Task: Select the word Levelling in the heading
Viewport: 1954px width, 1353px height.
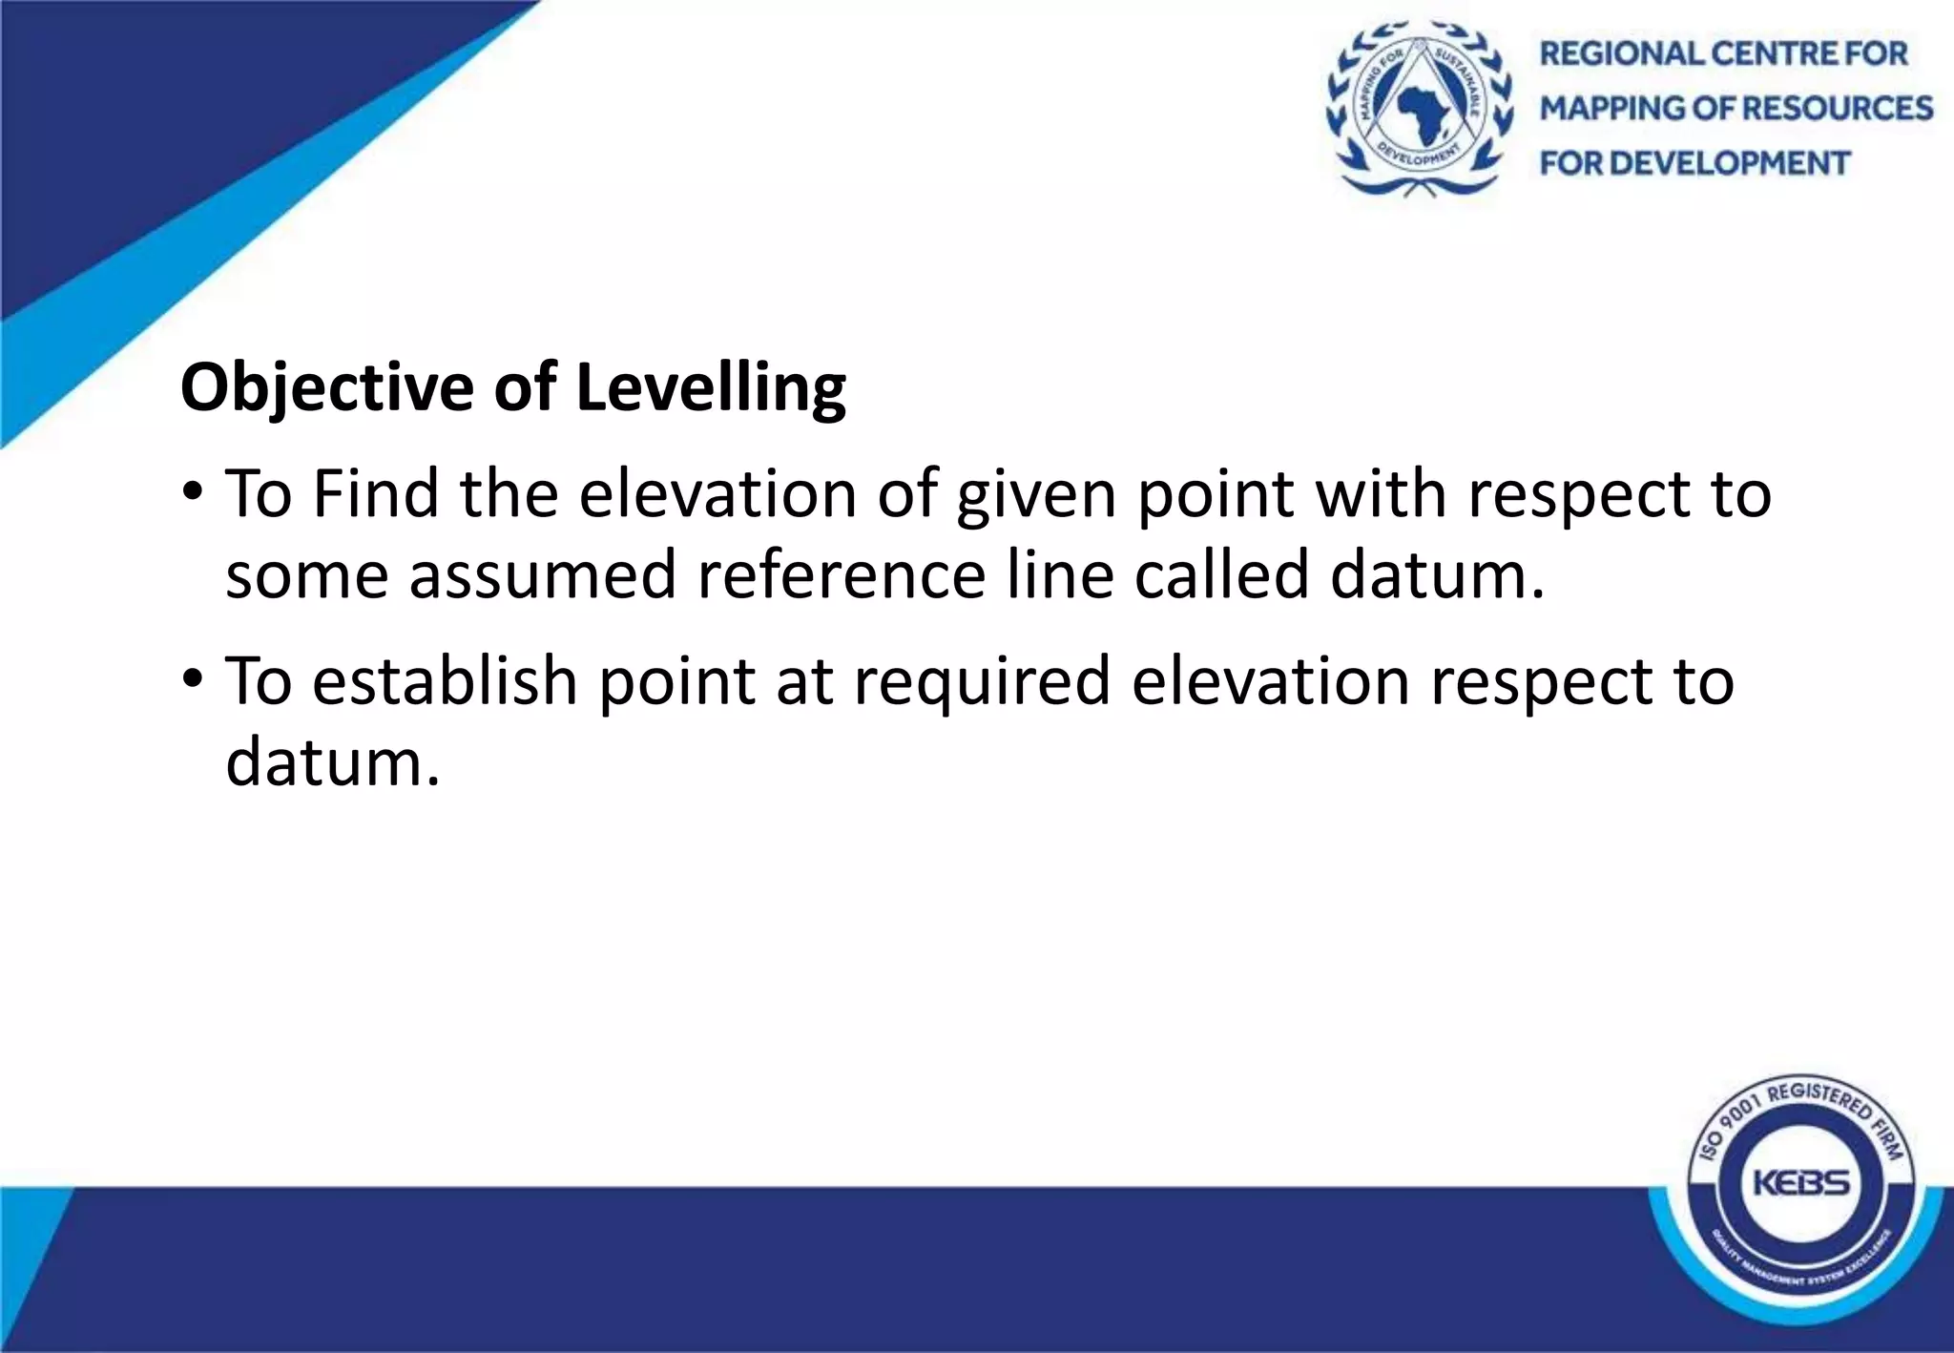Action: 711,388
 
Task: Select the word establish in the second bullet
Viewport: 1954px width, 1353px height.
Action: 445,681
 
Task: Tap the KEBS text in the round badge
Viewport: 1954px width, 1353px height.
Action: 1800,1184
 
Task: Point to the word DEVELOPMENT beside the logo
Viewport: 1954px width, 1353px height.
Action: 1728,163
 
